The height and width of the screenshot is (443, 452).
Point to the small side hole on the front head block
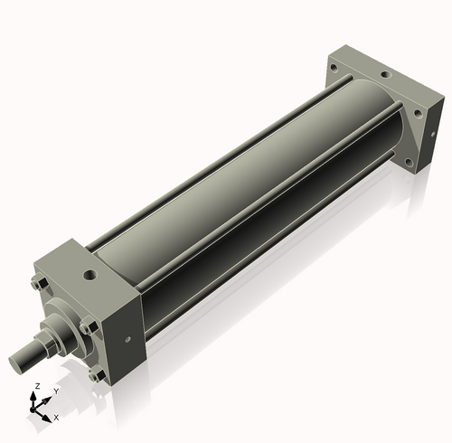click(x=127, y=340)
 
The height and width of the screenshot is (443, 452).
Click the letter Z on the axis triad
click(x=36, y=386)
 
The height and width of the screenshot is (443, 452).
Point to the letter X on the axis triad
click(x=56, y=418)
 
